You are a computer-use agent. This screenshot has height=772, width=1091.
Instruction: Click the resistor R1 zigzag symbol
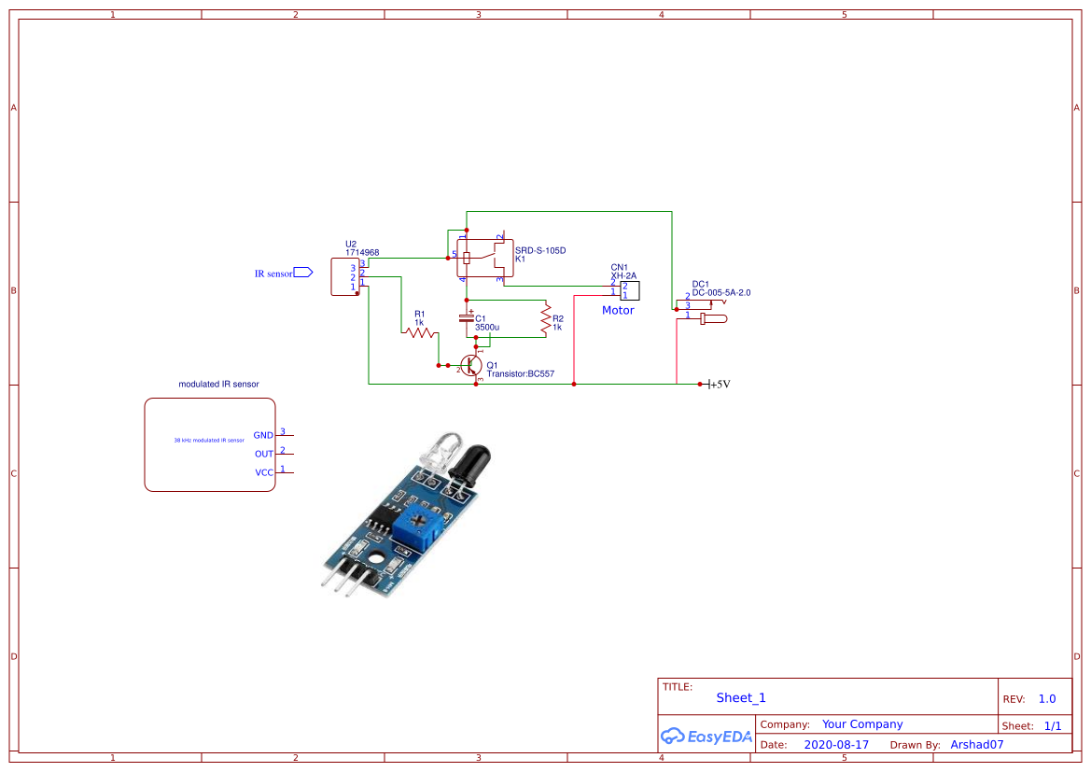point(421,331)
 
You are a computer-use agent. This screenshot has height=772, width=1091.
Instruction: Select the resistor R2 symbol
point(546,319)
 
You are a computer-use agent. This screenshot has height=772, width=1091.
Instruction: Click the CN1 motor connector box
point(629,290)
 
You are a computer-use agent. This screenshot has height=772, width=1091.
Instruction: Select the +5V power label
point(720,384)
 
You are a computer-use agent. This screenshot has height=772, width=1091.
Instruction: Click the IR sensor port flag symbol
point(303,274)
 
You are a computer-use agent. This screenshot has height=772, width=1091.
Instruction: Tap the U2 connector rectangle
point(343,277)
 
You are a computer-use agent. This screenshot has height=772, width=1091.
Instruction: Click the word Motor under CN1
point(618,311)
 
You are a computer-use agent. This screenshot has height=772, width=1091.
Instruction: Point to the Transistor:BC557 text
point(520,374)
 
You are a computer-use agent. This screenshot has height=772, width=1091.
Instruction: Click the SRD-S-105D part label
point(540,250)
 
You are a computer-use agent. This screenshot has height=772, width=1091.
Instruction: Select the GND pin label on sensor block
point(263,435)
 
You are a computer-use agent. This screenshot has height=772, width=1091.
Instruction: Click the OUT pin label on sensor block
point(264,454)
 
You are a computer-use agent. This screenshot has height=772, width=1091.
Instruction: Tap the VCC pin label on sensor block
point(264,472)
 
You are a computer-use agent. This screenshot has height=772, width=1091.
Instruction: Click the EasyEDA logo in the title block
point(706,737)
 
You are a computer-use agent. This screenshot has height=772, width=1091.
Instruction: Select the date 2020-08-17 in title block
point(836,745)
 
